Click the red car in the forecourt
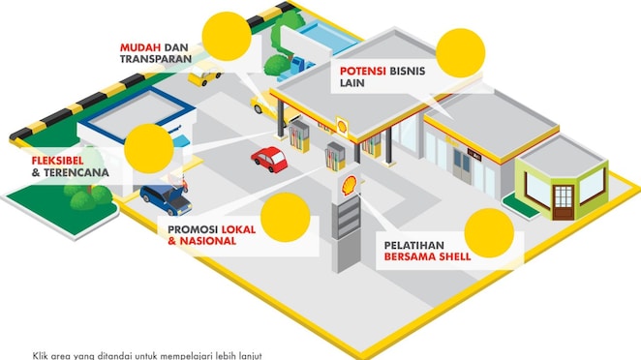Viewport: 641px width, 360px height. pos(268,158)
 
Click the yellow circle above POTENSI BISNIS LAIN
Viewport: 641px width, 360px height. pos(458,53)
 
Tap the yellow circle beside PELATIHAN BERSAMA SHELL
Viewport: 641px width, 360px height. pos(488,232)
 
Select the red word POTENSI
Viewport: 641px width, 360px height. pos(363,71)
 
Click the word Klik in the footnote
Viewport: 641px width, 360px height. pos(41,354)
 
